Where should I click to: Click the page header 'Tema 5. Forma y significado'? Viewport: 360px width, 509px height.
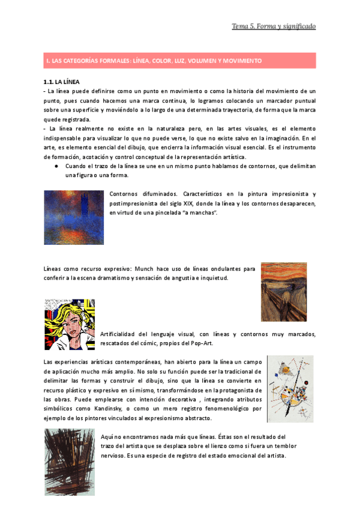click(x=274, y=26)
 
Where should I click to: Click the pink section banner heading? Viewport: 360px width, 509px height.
click(x=179, y=61)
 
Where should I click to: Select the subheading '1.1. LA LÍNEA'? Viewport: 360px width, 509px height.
click(x=62, y=81)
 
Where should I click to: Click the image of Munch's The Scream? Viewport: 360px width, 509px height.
click(x=284, y=291)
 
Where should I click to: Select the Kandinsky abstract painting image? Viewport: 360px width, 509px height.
click(x=290, y=388)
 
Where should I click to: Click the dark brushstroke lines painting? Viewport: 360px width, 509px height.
click(x=69, y=462)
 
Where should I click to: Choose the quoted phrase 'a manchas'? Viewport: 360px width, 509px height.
click(x=196, y=213)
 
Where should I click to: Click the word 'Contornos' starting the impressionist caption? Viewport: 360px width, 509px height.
click(x=124, y=194)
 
